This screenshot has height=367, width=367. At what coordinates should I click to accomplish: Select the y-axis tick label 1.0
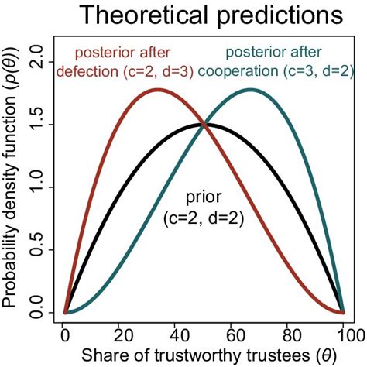click(39, 187)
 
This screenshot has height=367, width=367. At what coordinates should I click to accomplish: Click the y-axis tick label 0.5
click(39, 251)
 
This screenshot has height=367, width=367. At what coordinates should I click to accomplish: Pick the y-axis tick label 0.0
click(39, 314)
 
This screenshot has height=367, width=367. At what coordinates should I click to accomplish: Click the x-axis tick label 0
click(65, 334)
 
